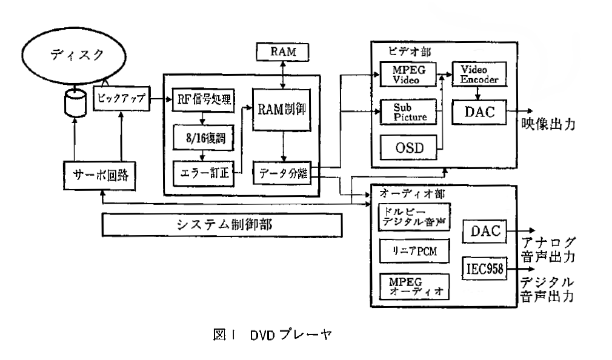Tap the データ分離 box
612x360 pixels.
pyautogui.click(x=282, y=174)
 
